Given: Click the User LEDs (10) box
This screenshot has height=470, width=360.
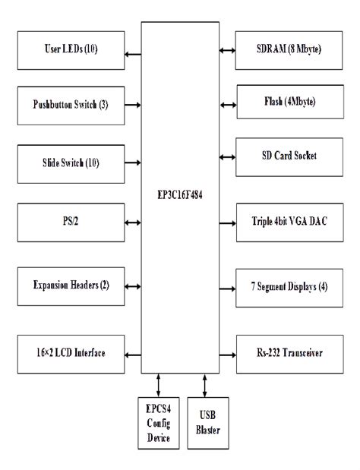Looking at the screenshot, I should [71, 51].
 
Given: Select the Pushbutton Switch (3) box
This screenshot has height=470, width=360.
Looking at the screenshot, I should [71, 104].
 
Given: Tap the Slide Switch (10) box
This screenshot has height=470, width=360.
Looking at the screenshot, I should [71, 162].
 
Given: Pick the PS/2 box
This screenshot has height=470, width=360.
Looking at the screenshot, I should [71, 223].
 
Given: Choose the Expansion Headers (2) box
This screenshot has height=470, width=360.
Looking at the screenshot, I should [71, 286].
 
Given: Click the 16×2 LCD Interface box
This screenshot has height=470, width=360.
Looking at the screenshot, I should [71, 354].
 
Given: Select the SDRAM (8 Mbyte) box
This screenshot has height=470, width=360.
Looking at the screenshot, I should [287, 50].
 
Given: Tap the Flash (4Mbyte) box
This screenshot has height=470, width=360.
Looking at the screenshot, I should [287, 101].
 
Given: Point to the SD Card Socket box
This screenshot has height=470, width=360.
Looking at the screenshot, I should [287, 156].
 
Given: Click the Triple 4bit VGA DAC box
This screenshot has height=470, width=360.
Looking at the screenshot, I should [287, 223].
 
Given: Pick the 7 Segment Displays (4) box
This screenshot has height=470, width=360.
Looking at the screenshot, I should [287, 289].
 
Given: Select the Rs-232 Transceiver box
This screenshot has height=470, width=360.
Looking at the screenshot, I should [287, 354].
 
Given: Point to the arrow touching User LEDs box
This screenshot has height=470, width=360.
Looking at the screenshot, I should [133, 52].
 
